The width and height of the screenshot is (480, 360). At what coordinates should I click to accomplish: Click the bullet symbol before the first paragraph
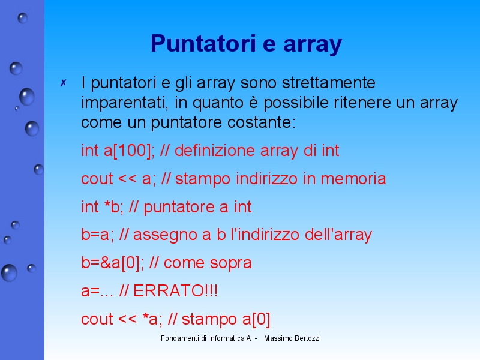(63, 83)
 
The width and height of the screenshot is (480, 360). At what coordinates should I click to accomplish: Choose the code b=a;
(98, 235)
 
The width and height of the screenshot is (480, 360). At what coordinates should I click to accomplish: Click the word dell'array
(339, 235)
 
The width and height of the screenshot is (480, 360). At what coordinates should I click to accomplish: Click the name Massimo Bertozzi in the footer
(292, 338)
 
